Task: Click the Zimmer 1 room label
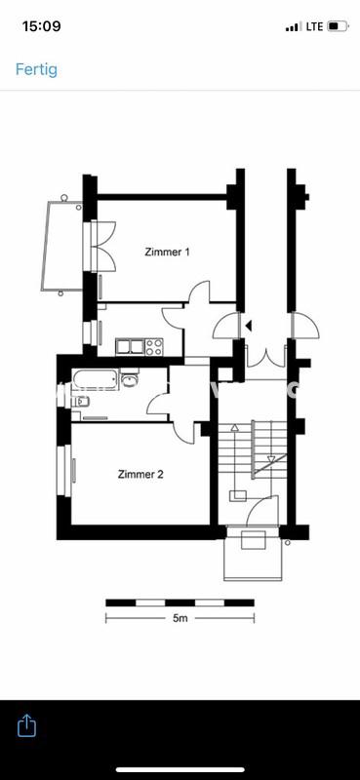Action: tap(167, 252)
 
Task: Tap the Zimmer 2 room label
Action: tap(140, 475)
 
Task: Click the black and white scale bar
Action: tap(180, 603)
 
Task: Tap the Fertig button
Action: tap(36, 69)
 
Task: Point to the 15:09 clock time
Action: tap(41, 26)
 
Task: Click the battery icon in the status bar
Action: tap(338, 26)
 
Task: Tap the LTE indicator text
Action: tap(314, 26)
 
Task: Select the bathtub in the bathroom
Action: tap(96, 379)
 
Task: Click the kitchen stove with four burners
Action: tap(153, 345)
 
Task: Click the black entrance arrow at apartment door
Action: tap(249, 326)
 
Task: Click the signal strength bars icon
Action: tap(293, 26)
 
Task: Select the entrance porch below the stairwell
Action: tap(254, 556)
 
